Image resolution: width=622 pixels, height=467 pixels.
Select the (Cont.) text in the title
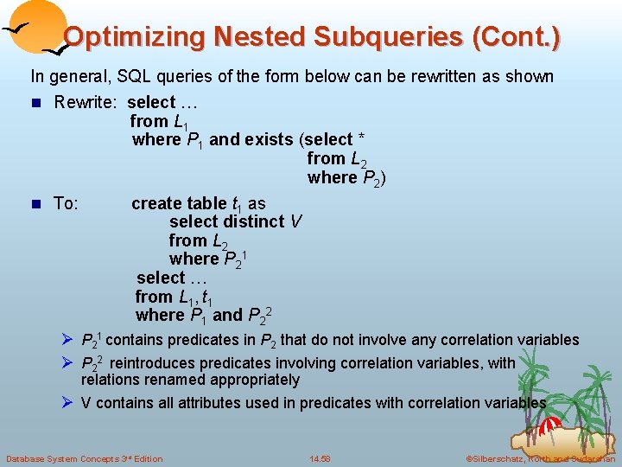tap(516, 37)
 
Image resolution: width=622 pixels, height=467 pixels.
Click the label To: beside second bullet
tap(67, 203)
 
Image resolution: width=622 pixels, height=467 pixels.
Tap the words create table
tap(181, 203)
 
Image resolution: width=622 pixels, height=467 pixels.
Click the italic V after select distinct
tap(295, 221)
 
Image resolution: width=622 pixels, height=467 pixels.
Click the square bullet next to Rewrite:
tap(35, 103)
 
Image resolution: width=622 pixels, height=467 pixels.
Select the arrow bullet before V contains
tap(68, 402)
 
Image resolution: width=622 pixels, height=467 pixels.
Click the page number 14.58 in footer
tap(320, 458)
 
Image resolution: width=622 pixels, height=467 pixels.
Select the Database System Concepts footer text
tap(84, 458)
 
